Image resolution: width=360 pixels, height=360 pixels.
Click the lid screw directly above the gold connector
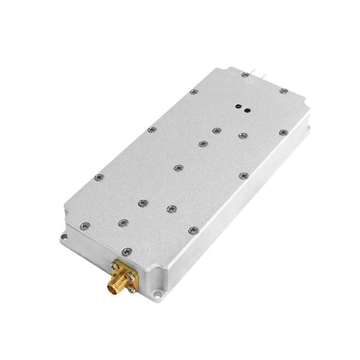(125, 250)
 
